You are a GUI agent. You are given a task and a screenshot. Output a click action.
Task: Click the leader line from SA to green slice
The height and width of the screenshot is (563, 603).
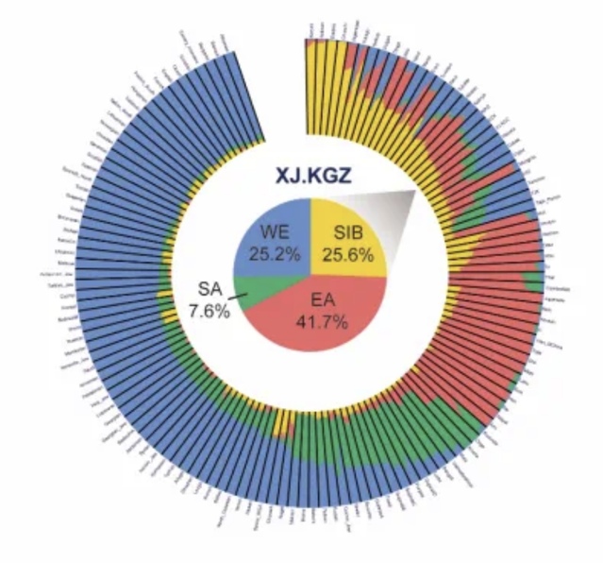point(237,298)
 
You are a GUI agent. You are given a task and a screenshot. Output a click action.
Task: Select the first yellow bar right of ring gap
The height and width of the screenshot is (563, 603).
point(310,85)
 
